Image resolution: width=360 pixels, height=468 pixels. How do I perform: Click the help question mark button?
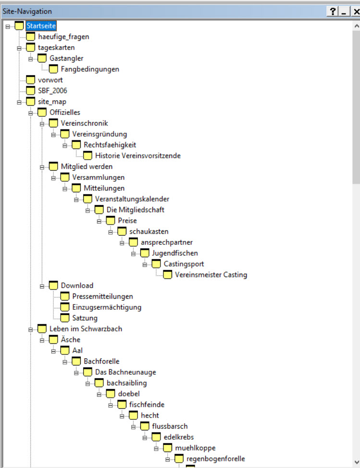(x=332, y=12)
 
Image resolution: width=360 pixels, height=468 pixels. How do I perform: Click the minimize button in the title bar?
(x=343, y=12)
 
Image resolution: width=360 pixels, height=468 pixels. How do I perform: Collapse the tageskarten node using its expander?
(x=19, y=48)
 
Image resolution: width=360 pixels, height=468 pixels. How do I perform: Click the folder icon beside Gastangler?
(x=42, y=58)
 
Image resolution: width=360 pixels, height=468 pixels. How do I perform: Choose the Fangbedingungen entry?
(x=90, y=69)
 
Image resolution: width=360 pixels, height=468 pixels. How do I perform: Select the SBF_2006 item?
(x=52, y=91)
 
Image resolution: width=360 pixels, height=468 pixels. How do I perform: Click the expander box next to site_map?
(x=19, y=102)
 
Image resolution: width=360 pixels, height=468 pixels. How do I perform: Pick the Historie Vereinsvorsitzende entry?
(x=137, y=155)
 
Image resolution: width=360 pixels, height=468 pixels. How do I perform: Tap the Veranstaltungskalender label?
(x=132, y=199)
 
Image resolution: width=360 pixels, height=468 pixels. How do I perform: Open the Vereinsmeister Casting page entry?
(x=211, y=275)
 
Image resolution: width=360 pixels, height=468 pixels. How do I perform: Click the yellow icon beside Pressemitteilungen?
(x=65, y=296)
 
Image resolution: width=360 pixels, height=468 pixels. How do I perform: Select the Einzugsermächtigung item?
(x=107, y=307)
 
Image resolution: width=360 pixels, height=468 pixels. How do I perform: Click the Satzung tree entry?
(x=85, y=318)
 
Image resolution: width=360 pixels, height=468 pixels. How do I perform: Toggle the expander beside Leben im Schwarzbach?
(x=31, y=329)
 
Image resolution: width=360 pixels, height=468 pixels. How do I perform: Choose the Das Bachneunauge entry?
(x=125, y=372)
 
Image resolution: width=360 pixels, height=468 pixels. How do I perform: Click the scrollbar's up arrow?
(x=356, y=25)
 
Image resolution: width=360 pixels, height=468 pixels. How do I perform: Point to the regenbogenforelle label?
(x=215, y=459)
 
